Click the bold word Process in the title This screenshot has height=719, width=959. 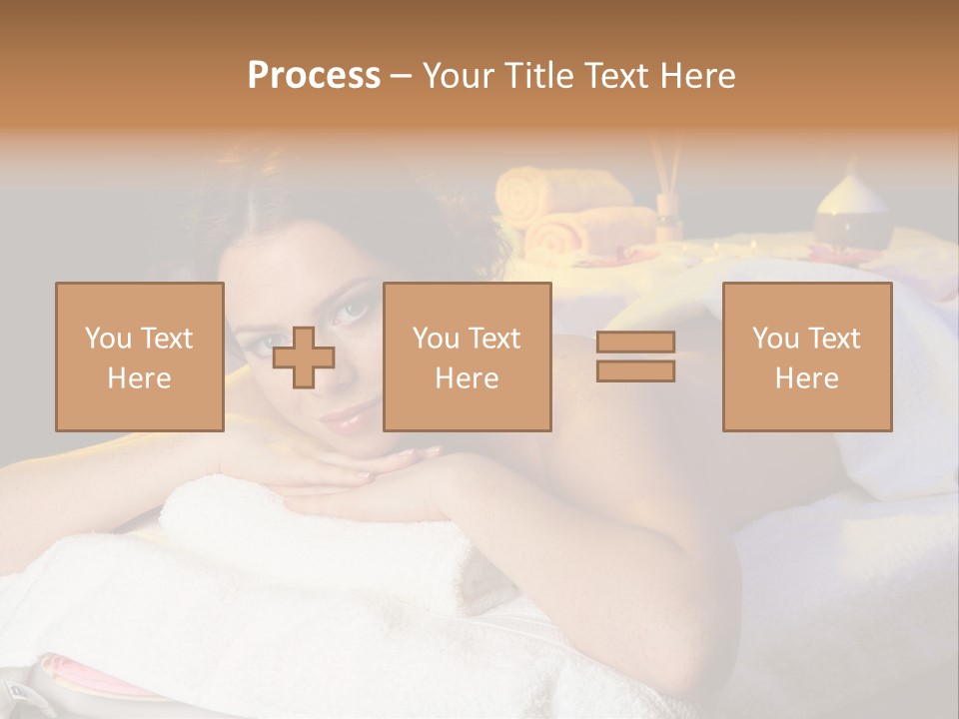click(x=314, y=76)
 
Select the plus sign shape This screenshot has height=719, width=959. click(x=304, y=358)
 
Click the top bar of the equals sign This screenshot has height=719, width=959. click(x=635, y=343)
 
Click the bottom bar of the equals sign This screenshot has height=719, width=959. click(x=635, y=371)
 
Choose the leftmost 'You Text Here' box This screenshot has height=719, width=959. click(x=139, y=358)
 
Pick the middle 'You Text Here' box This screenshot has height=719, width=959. click(x=467, y=358)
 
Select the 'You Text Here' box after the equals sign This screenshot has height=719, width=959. click(x=806, y=358)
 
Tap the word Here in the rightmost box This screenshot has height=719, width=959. click(x=806, y=378)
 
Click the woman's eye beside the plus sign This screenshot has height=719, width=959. click(x=354, y=312)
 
